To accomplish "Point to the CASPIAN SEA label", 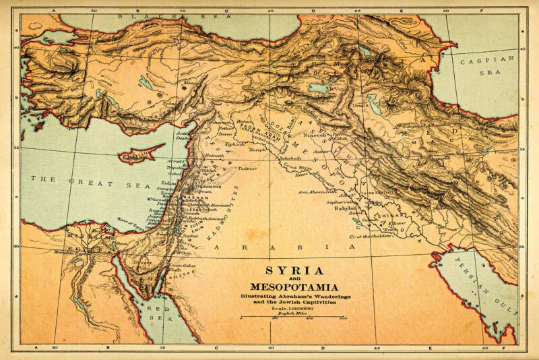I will tap(486, 65).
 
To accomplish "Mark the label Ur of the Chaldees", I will tap(368, 237).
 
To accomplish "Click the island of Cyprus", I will tap(141, 155).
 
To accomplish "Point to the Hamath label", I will tap(214, 156).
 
